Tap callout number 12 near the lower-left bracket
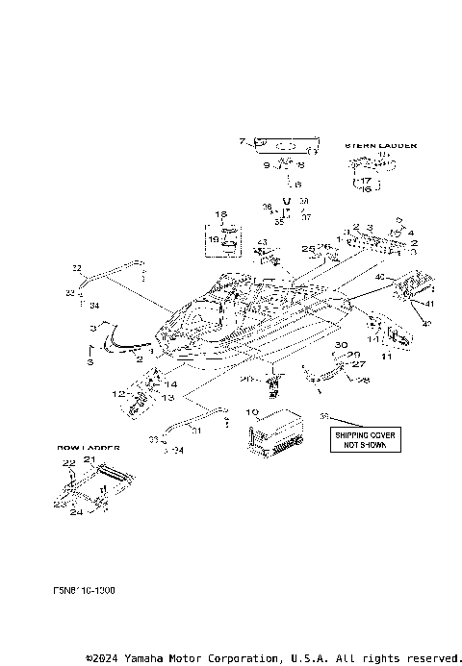point(117,394)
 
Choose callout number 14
point(170,383)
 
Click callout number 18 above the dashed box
point(219,213)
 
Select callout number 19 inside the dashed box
point(215,237)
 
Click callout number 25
point(307,249)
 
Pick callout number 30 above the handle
point(341,344)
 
